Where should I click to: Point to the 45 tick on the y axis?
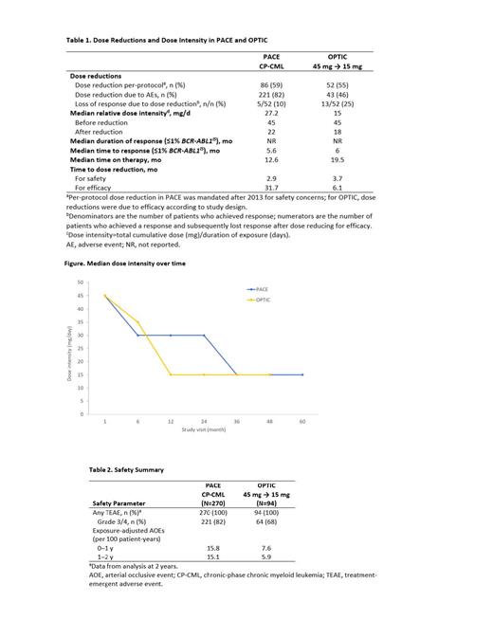(x=82, y=296)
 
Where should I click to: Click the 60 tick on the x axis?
(x=302, y=420)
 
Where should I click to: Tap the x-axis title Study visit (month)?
(x=205, y=429)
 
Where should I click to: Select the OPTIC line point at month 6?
(x=137, y=321)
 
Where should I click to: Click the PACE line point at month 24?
(x=204, y=335)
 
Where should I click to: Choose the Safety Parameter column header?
(x=119, y=502)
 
